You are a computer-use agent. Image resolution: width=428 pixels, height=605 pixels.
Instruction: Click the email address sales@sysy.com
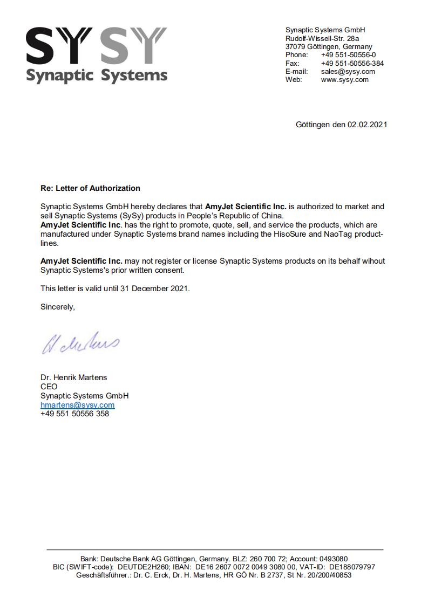click(x=348, y=71)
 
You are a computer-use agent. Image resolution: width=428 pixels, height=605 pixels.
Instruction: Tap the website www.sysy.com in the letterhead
click(x=344, y=79)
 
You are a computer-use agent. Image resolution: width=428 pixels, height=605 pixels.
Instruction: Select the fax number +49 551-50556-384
click(x=352, y=63)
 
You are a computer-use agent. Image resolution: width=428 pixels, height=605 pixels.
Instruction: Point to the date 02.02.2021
click(x=367, y=125)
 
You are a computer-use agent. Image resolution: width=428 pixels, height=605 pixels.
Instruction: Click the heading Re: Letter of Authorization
click(x=90, y=188)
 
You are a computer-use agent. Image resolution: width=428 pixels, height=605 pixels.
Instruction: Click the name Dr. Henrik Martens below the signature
click(x=73, y=377)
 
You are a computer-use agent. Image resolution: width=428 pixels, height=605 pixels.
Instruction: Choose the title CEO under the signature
click(x=49, y=387)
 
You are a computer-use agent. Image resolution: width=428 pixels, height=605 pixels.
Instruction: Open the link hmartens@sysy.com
click(x=77, y=405)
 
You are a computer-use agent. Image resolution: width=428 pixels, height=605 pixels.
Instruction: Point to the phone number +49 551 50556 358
click(x=74, y=414)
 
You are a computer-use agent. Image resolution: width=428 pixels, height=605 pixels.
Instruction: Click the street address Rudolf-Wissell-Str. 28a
click(x=322, y=38)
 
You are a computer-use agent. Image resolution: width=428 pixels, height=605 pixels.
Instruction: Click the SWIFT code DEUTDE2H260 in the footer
click(x=142, y=567)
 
